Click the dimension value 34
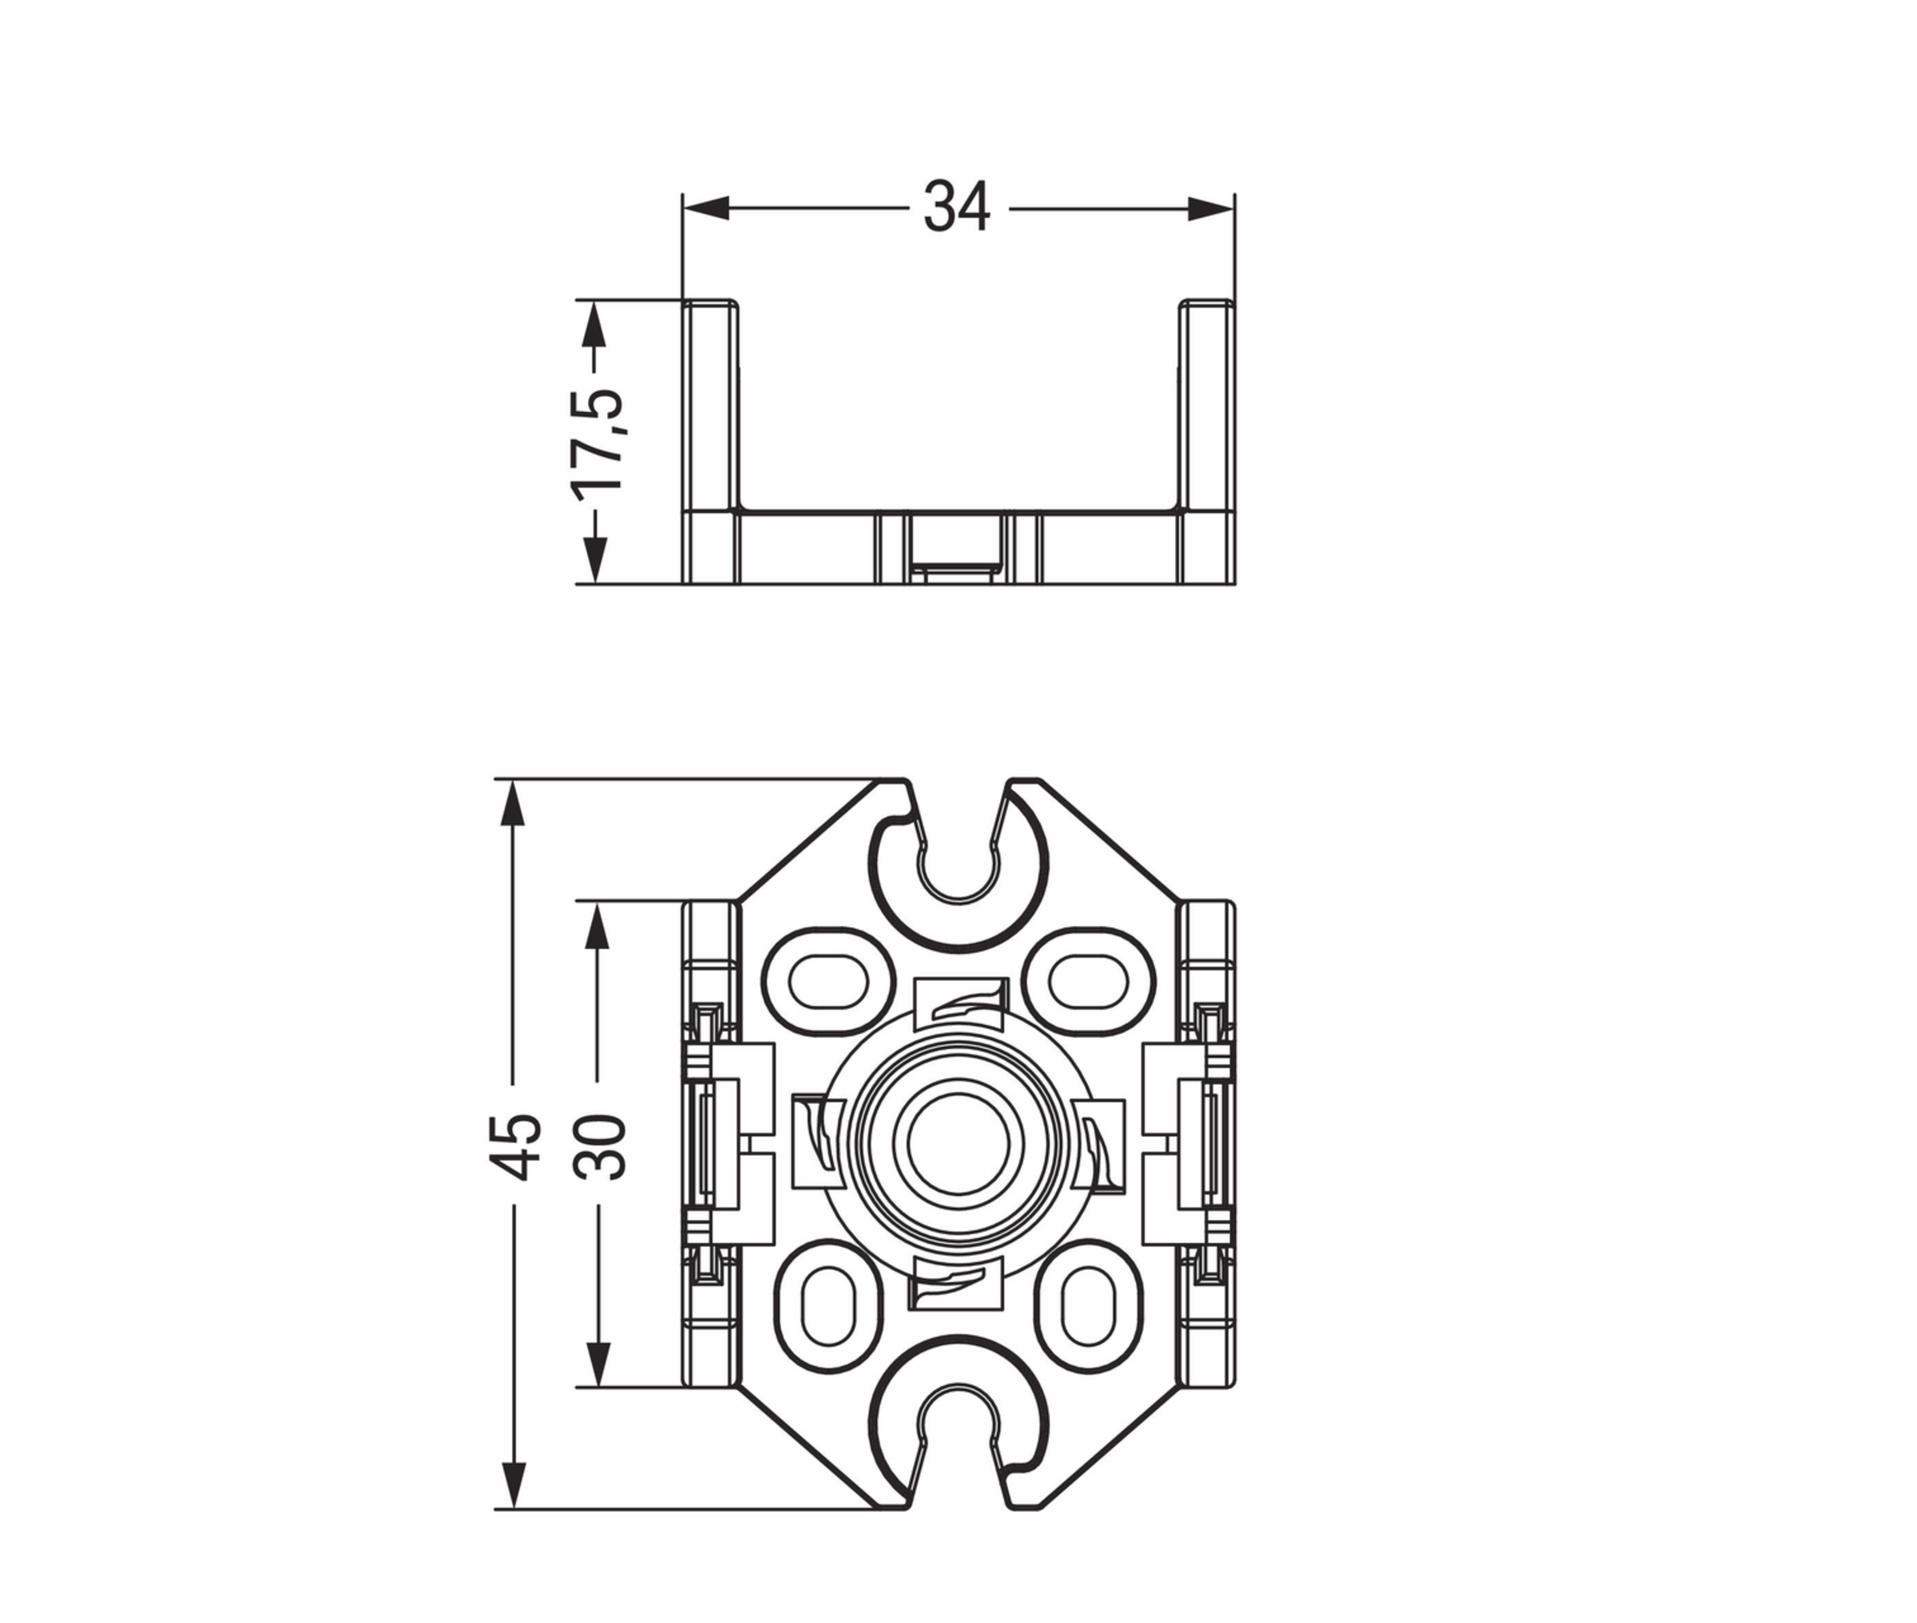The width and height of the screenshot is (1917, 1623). click(956, 207)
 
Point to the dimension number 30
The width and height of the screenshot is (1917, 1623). click(599, 1146)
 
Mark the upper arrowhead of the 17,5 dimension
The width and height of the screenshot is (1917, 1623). click(597, 324)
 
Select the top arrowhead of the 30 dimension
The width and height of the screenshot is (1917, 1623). click(598, 924)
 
